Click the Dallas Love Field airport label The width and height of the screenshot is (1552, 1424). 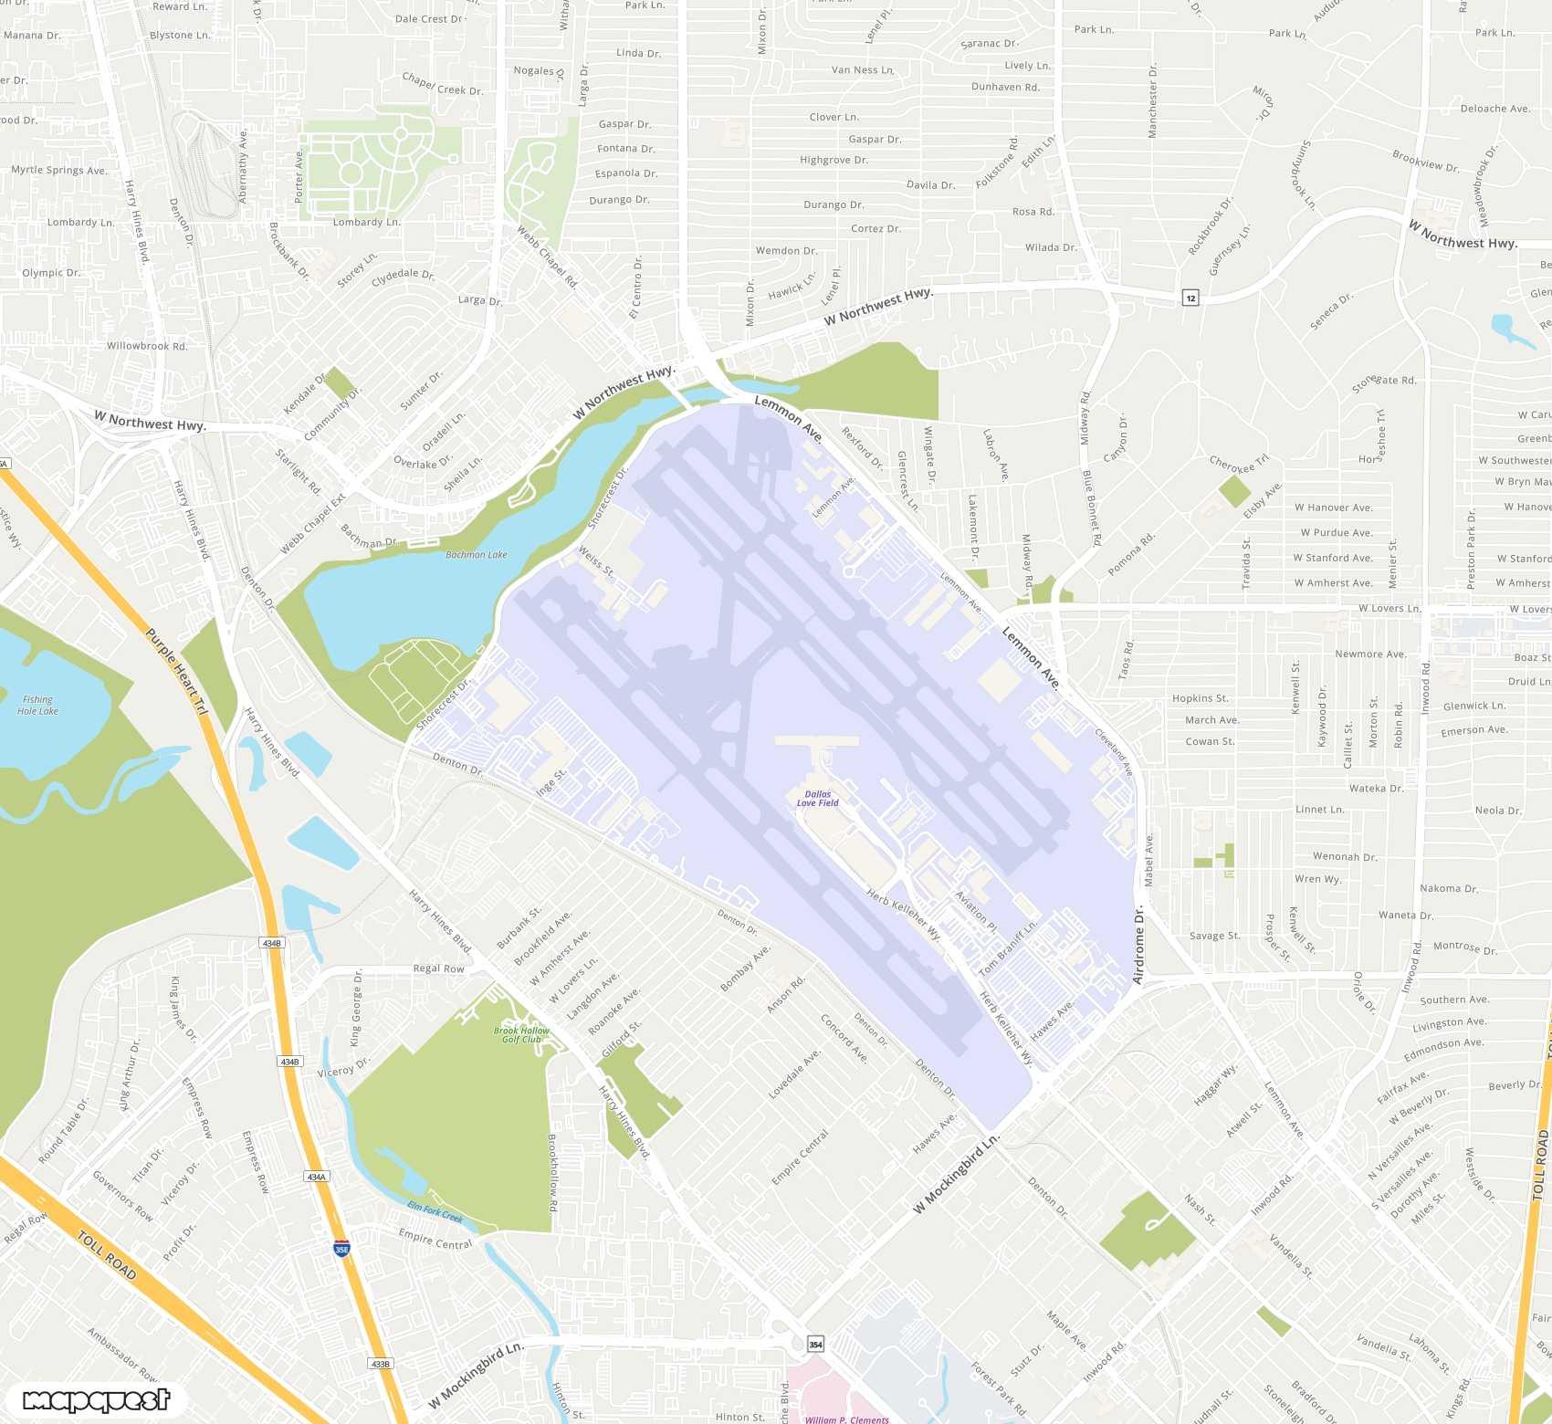(x=817, y=799)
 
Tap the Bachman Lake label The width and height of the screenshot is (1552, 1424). (x=476, y=555)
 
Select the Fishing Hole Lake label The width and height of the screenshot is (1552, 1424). (x=37, y=706)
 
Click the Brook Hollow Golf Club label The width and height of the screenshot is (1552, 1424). (x=521, y=1035)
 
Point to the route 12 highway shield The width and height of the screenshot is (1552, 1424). (x=1190, y=298)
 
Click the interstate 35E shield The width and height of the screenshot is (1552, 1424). (x=341, y=1249)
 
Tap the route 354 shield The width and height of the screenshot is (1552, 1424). (x=815, y=1345)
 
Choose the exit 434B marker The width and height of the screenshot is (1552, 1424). (x=272, y=943)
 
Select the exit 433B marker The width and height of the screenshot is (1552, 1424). (x=381, y=1364)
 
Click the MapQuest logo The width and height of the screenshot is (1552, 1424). (x=96, y=1400)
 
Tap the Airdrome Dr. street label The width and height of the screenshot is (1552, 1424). (x=1138, y=945)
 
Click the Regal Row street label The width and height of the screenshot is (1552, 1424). (x=438, y=969)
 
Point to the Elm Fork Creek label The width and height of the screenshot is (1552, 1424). (x=435, y=1212)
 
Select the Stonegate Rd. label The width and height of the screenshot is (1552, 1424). (x=1384, y=382)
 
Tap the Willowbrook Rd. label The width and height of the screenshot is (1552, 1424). (x=147, y=346)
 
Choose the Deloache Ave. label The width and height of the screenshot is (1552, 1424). (x=1495, y=109)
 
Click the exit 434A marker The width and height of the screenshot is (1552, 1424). (x=317, y=1178)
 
